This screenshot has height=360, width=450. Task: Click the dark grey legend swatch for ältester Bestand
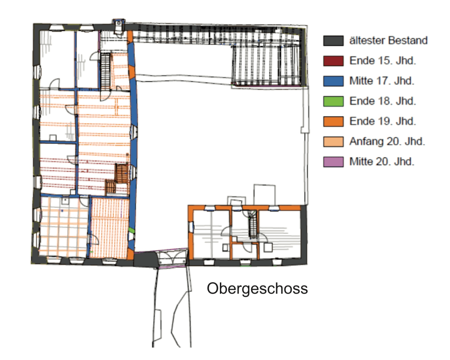(333, 41)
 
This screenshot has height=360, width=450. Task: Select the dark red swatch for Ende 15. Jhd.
(333, 61)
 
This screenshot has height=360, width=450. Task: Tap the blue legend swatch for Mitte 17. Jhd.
(333, 81)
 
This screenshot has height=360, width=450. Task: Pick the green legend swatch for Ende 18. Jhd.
(333, 101)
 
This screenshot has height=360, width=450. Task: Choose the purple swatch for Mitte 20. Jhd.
(333, 162)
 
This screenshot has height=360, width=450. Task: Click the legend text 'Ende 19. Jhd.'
(383, 121)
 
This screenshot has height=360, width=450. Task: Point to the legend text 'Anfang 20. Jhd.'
(387, 142)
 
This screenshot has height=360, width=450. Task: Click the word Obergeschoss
(257, 289)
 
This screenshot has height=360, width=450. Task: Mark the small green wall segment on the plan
(131, 230)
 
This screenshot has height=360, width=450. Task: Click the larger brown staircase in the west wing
(121, 173)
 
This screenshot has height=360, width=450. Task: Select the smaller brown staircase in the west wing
(110, 187)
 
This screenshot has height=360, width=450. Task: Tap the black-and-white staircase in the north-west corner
(105, 71)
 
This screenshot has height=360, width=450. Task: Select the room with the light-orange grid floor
(63, 226)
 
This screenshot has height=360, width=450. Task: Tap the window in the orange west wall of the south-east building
(191, 227)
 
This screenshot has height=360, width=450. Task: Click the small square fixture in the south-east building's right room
(268, 247)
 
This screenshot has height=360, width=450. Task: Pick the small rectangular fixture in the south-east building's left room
(226, 247)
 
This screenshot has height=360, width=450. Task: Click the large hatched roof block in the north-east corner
(267, 66)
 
